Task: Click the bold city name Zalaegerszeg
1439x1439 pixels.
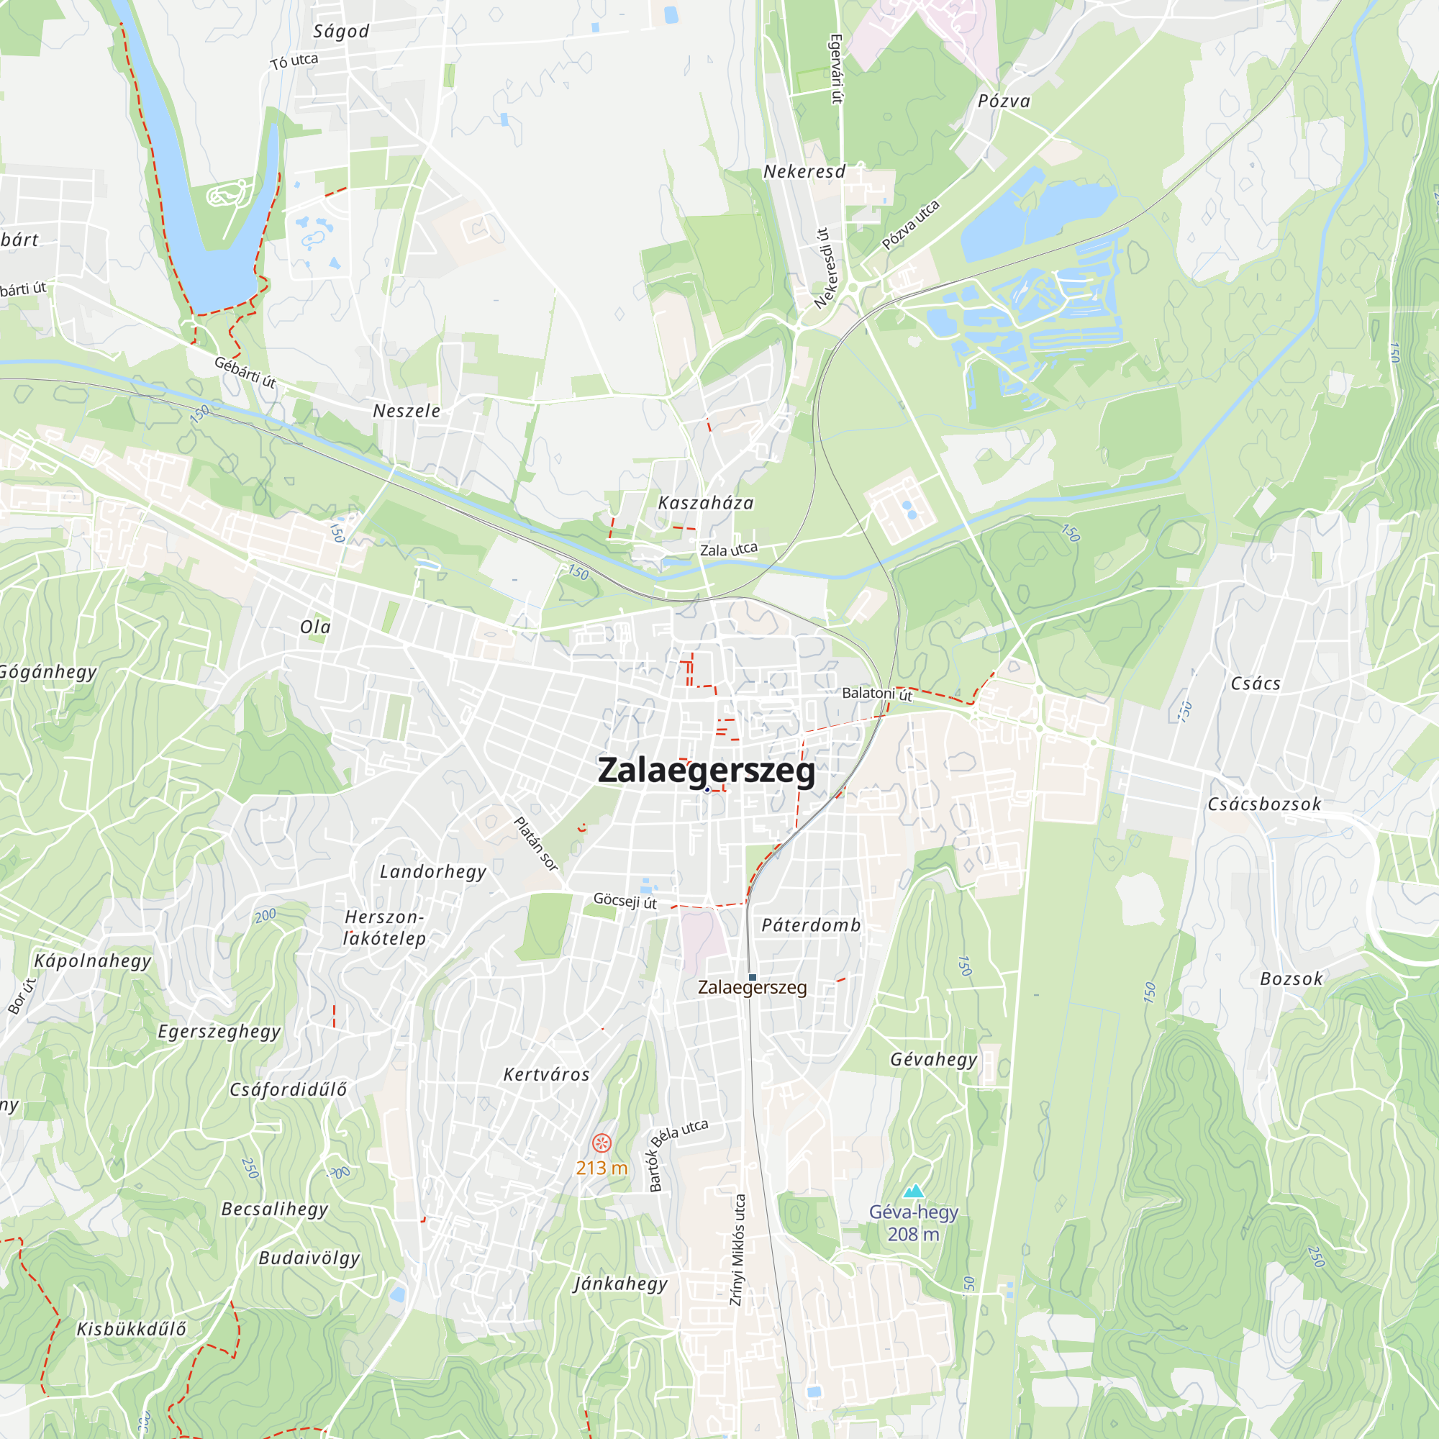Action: click(x=706, y=771)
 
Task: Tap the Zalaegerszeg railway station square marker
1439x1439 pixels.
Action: click(x=753, y=977)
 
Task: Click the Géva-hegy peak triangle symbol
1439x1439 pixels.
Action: click(x=913, y=1191)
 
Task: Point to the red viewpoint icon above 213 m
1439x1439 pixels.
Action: click(x=601, y=1143)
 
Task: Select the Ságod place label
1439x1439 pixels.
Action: click(x=341, y=31)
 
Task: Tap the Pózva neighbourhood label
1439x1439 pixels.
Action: click(x=1004, y=101)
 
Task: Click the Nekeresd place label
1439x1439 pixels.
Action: click(x=804, y=172)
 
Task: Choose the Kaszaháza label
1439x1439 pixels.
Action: click(x=705, y=504)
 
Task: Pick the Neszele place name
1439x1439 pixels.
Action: click(x=407, y=411)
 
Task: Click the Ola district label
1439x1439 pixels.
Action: click(x=315, y=627)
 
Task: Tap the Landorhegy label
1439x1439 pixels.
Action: click(x=432, y=871)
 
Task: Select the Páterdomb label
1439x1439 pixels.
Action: click(x=811, y=925)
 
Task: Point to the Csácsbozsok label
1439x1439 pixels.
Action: click(x=1264, y=804)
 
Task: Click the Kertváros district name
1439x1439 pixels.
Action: click(x=547, y=1074)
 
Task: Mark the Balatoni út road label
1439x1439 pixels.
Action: click(x=876, y=694)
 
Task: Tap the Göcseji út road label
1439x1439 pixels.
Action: click(x=625, y=902)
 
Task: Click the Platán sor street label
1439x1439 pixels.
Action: click(x=535, y=844)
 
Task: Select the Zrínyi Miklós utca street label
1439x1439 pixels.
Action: click(x=737, y=1249)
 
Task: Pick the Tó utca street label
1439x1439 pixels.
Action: click(x=294, y=61)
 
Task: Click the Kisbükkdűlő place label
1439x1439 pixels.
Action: click(x=131, y=1329)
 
